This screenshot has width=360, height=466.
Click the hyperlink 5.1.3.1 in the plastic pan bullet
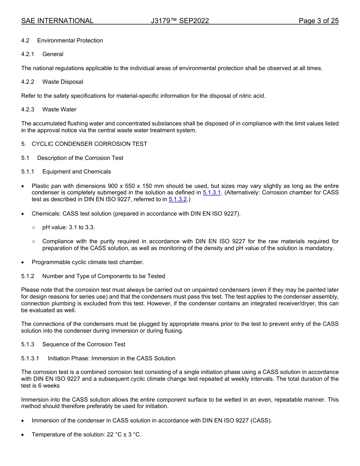click(211, 193)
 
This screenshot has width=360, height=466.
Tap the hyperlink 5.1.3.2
click(177, 200)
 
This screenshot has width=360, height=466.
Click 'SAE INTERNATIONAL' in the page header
click(57, 21)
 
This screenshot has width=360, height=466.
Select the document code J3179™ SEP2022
click(180, 21)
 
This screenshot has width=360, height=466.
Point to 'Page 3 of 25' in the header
click(318, 21)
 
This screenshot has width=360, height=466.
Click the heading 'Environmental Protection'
click(70, 41)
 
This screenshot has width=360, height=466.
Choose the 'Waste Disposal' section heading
click(63, 82)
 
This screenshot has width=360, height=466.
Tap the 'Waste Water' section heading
click(59, 109)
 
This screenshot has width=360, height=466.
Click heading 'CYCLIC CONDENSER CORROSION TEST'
click(89, 144)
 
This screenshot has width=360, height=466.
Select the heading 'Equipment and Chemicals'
click(77, 172)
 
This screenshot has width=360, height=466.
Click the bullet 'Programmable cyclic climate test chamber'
click(88, 262)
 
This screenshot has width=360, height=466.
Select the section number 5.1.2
click(28, 276)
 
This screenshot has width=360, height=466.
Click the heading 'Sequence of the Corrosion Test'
click(84, 344)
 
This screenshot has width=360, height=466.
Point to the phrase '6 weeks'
click(49, 386)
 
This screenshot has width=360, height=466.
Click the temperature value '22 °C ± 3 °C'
click(124, 435)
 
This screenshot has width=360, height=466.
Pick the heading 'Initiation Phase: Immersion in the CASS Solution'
click(111, 358)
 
